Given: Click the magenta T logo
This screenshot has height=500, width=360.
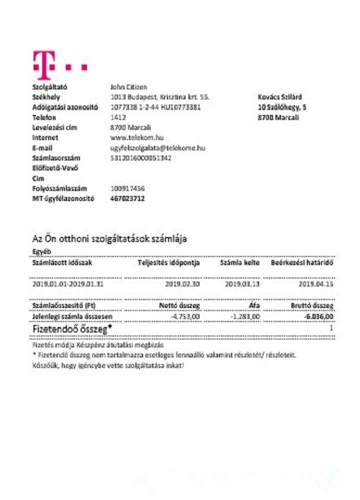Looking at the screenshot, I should coord(43,64).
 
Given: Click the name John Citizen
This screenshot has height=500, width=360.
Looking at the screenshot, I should coord(128,87).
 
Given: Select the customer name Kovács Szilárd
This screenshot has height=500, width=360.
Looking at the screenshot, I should coord(279,97).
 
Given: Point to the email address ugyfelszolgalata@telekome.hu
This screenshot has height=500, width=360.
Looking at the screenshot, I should coord(157,148).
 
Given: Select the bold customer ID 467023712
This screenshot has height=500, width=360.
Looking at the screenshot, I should coord(127,198).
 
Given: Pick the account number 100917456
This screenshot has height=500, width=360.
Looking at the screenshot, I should coord(127,188).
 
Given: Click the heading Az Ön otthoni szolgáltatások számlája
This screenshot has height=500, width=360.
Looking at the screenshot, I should coord(109,238).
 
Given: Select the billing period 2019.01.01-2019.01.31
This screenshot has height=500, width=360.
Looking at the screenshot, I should coord(68,283).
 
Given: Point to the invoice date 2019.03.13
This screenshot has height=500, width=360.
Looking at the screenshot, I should coord(242,283).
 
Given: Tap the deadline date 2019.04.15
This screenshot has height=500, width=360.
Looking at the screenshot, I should coord(316,283).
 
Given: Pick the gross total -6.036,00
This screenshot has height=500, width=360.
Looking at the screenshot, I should coord(318,316).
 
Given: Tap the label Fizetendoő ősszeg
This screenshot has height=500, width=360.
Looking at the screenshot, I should coord(72,329).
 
